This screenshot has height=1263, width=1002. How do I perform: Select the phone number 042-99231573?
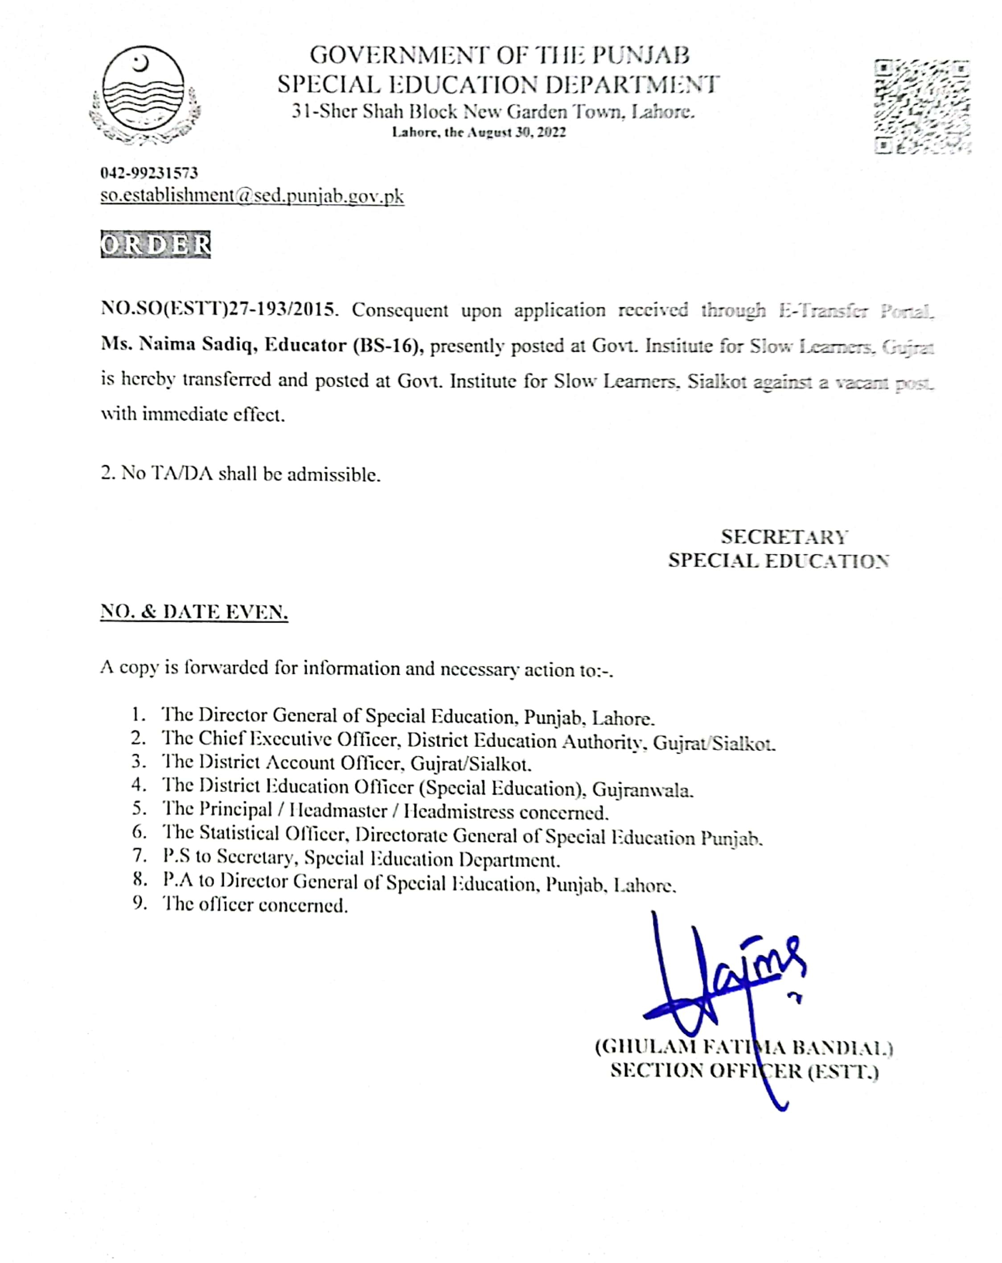click(x=149, y=173)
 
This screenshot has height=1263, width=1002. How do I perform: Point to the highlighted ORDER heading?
click(x=155, y=244)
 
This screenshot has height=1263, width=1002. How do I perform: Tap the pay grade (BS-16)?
click(x=388, y=346)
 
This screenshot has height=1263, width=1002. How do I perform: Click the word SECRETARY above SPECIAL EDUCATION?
click(x=784, y=537)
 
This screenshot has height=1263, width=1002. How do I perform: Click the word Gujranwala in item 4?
click(x=642, y=790)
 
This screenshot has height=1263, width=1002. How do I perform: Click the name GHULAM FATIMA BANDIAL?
click(x=744, y=1047)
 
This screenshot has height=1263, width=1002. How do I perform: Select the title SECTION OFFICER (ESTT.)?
click(x=744, y=1071)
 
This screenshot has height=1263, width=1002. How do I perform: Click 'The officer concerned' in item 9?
click(x=255, y=904)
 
